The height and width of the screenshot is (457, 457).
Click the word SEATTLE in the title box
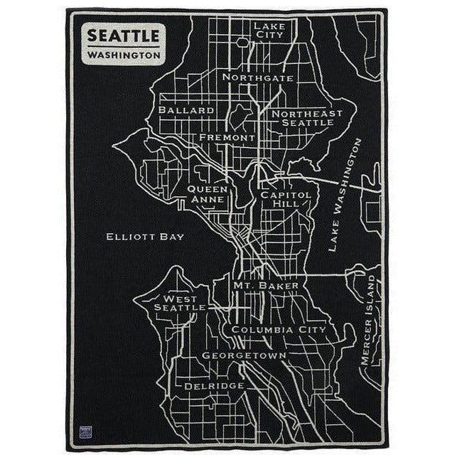pos(124,35)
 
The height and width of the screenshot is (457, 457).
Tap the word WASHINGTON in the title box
pos(124,55)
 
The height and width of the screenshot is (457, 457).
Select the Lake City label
pos(268,29)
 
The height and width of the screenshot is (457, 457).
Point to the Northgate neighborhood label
pos(257,77)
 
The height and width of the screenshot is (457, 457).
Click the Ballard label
pos(186,111)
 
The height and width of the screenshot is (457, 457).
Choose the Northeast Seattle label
pos(306,117)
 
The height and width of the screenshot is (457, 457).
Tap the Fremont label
pos(227,137)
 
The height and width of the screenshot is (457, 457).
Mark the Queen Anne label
pos(208,194)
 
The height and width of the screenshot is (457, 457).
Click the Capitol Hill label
pos(285,198)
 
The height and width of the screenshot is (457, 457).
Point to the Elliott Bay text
pos(144,237)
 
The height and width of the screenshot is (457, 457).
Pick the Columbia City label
pos(278,330)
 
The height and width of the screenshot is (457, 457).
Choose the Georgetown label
pos(244,355)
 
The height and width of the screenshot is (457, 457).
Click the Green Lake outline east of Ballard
pos(240,115)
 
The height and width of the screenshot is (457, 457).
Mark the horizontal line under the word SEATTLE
pos(124,45)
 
